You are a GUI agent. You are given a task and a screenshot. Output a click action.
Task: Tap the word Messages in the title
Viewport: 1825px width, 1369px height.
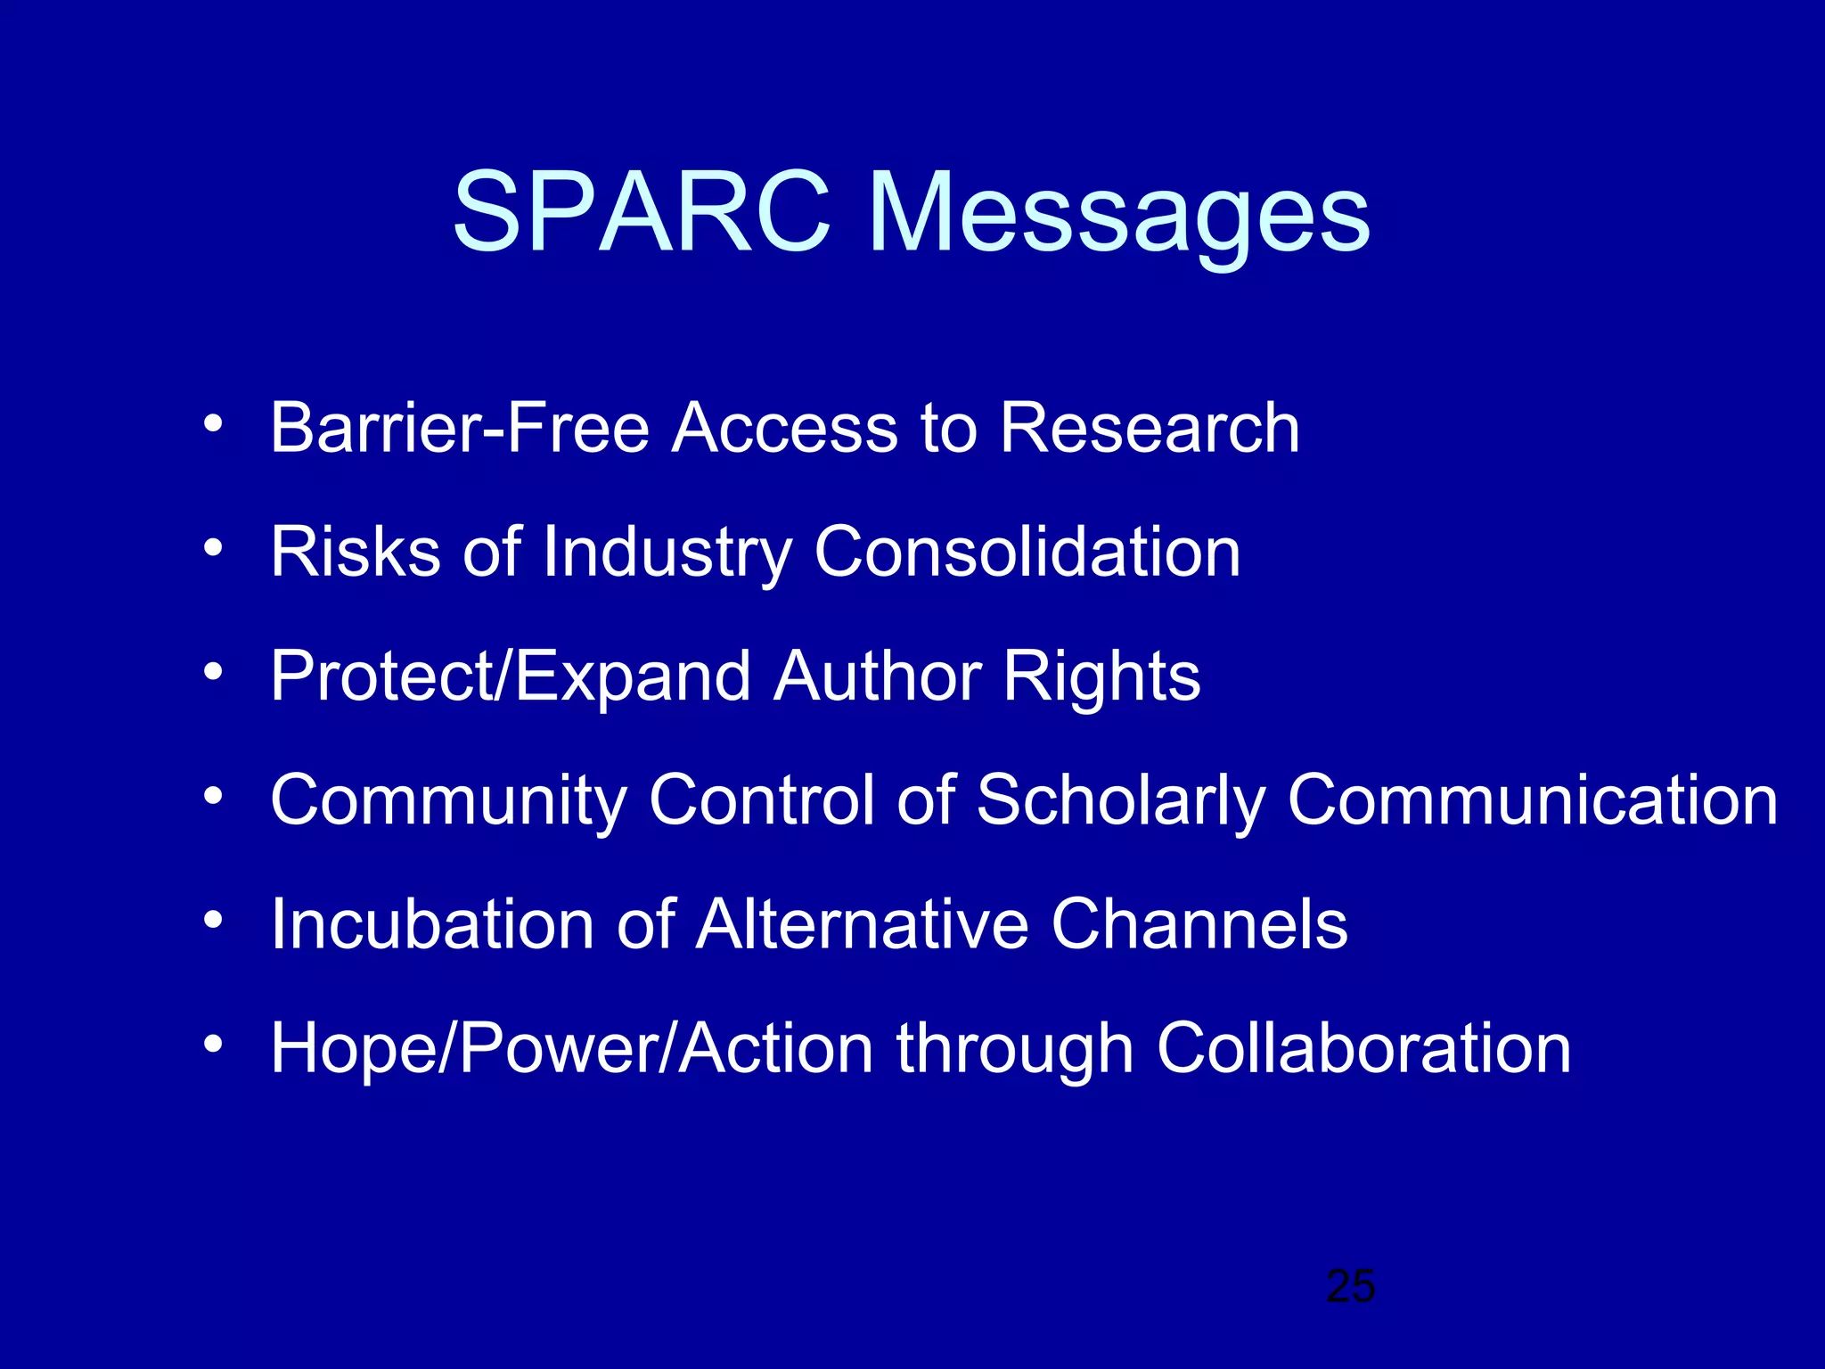click(1118, 218)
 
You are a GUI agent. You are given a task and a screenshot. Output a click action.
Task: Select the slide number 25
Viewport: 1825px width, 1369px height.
click(1351, 1286)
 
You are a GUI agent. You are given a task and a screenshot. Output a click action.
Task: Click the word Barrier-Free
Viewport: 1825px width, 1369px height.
click(460, 428)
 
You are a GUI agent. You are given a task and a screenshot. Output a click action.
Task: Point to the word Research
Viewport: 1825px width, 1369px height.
click(1150, 428)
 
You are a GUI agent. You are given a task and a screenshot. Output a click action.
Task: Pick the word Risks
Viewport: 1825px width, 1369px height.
click(356, 552)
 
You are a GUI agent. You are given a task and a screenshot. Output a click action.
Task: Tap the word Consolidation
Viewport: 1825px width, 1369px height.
click(1027, 552)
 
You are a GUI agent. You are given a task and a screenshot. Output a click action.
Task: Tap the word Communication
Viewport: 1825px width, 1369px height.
click(1533, 799)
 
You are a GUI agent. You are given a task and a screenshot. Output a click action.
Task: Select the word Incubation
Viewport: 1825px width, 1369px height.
click(433, 924)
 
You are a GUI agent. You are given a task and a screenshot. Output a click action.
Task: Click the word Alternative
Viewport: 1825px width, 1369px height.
click(863, 924)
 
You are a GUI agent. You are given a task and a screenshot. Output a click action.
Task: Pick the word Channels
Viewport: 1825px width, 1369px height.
click(1199, 924)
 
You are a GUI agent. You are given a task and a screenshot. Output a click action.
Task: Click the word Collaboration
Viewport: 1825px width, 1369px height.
click(1363, 1048)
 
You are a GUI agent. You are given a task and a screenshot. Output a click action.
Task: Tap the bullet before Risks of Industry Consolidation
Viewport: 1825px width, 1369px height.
click(212, 548)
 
